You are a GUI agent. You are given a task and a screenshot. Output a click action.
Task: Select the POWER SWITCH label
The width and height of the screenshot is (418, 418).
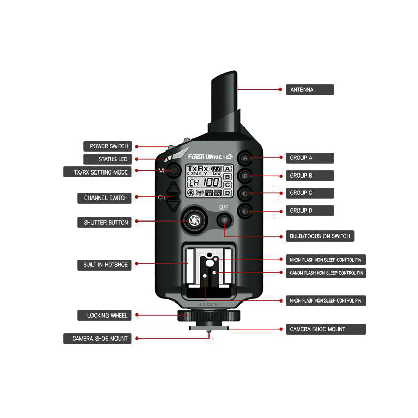109,146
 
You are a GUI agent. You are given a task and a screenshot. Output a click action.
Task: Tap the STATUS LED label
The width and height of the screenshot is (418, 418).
109,159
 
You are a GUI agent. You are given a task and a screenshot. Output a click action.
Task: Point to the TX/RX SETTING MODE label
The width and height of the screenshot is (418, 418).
102,172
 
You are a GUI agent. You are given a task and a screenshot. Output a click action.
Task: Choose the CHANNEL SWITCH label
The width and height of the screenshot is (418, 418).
106,198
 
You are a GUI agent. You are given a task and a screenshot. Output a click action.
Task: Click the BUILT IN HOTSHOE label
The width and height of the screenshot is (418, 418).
105,265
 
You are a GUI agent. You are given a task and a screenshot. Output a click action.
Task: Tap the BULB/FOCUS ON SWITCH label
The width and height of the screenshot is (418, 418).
320,236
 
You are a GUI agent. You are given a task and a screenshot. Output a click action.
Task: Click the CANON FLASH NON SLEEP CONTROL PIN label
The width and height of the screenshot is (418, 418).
327,273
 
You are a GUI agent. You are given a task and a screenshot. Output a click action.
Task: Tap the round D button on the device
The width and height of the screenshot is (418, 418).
245,212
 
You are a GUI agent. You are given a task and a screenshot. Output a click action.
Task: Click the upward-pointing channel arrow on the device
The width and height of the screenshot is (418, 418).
173,189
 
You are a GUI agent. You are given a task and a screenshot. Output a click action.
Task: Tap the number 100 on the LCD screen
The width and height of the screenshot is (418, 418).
211,182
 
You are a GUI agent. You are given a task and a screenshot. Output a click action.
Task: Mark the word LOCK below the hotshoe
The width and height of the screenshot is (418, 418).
209,304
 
